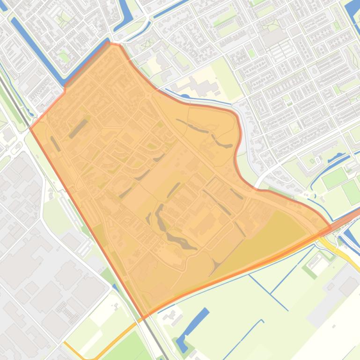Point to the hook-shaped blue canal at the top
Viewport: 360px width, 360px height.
(125, 16)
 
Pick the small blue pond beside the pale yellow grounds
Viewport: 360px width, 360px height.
(184, 97)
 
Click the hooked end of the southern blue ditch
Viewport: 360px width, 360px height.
(261, 322)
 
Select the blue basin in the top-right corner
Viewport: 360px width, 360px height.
(353, 12)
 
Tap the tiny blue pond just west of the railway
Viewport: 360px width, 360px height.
(115, 288)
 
